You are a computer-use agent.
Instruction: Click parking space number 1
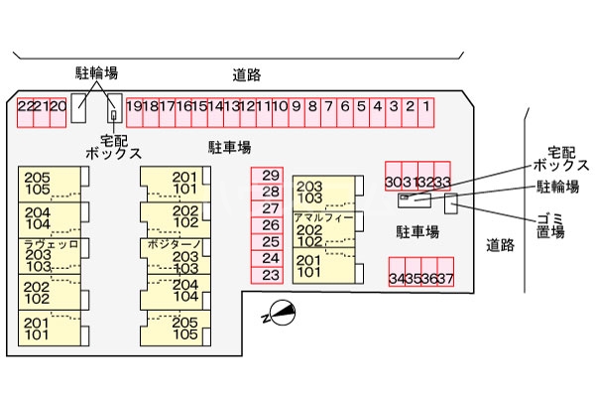coord(425,107)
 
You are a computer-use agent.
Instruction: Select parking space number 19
coord(134,107)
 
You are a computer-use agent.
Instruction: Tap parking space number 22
coord(25,107)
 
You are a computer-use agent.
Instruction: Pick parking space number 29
coord(271,174)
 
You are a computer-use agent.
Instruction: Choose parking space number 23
coord(271,275)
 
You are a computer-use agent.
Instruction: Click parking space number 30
coord(394,182)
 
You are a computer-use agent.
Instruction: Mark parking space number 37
coord(446,278)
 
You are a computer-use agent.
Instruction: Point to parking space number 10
coord(280,107)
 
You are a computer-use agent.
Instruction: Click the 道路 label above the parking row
coord(247,73)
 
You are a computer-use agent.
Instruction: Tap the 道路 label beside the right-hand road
coord(500,244)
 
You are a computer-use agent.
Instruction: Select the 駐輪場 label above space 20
coord(96,72)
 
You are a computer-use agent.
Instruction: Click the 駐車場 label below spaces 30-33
coord(418,230)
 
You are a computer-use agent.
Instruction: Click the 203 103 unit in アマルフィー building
coord(310,192)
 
